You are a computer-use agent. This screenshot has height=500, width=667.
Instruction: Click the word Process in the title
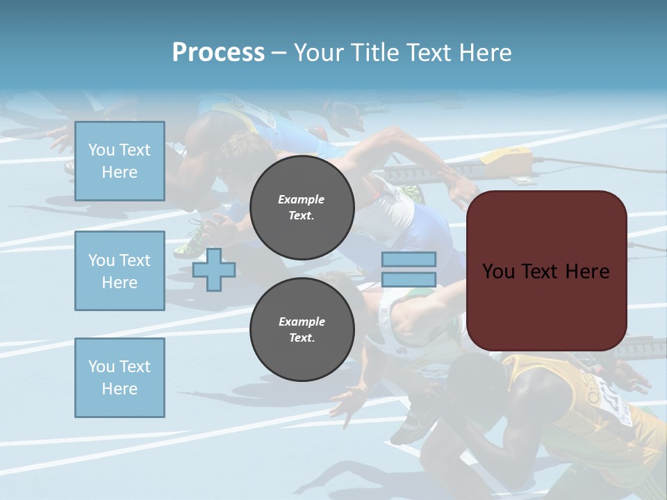point(218,52)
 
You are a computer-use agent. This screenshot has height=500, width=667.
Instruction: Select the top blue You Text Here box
point(120,161)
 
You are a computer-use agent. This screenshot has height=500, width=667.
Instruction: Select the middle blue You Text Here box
point(120,271)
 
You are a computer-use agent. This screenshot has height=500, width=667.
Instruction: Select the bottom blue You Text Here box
point(120,378)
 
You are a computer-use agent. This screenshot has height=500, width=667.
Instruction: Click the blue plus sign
point(213,269)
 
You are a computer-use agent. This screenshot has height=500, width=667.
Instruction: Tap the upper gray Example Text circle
point(302,208)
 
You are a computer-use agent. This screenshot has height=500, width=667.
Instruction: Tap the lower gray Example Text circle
point(302,330)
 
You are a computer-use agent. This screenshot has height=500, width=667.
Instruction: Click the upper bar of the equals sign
point(409,260)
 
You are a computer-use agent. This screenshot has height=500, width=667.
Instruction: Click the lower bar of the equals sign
point(409,279)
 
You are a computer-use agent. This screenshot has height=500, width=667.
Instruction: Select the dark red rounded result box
point(546,271)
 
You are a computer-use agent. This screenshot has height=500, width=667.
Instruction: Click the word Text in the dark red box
point(541,271)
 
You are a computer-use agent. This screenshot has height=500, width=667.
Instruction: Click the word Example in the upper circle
point(301,199)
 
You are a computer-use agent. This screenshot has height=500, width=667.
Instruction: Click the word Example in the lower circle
point(301,322)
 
